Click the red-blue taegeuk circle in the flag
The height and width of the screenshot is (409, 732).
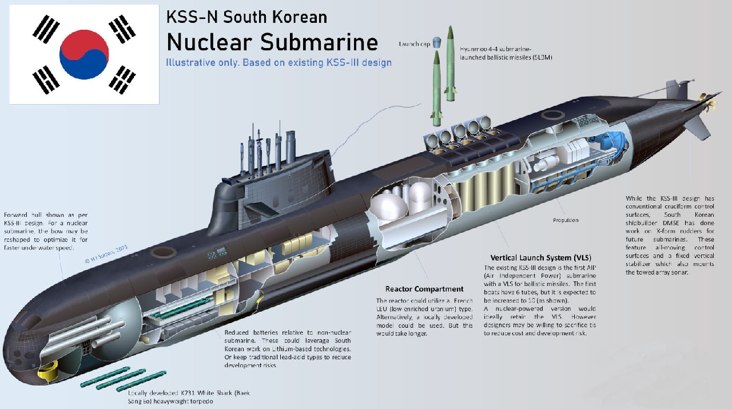click(x=84, y=54)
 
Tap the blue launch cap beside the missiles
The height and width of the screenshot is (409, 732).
click(x=436, y=42)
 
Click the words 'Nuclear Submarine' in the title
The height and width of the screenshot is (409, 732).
click(x=272, y=42)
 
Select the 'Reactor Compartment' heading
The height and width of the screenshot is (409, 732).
click(x=424, y=289)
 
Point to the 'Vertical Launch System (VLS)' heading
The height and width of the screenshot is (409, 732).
click(x=541, y=257)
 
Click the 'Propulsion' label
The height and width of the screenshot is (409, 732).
click(x=566, y=220)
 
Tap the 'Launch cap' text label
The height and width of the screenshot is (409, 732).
click(x=415, y=44)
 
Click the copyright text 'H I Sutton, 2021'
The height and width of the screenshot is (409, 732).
click(x=106, y=254)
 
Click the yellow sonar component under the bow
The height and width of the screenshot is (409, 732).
click(x=48, y=371)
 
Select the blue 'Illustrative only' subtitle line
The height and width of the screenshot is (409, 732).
click(x=279, y=62)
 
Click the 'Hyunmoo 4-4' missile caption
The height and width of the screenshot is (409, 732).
click(x=506, y=53)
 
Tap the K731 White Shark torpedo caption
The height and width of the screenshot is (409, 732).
click(x=189, y=397)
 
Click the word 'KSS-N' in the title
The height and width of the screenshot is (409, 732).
click(x=192, y=17)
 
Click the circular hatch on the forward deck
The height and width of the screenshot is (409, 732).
click(x=163, y=252)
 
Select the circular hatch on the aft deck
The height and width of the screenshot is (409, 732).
click(x=552, y=115)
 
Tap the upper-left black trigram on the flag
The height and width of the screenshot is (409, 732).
click(x=46, y=29)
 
